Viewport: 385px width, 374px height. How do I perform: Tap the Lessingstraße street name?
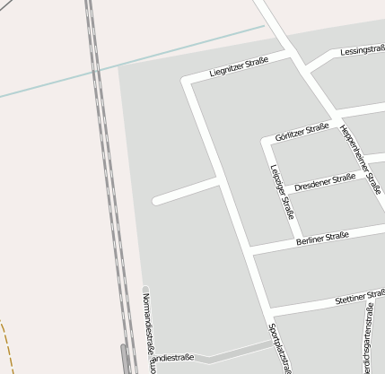pyautogui.click(x=361, y=51)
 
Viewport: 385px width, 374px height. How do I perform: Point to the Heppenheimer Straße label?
pyautogui.click(x=361, y=158)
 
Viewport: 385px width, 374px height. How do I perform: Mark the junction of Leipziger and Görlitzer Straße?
pyautogui.click(x=267, y=141)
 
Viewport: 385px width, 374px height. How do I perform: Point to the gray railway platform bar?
pyautogui.click(x=125, y=358)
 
